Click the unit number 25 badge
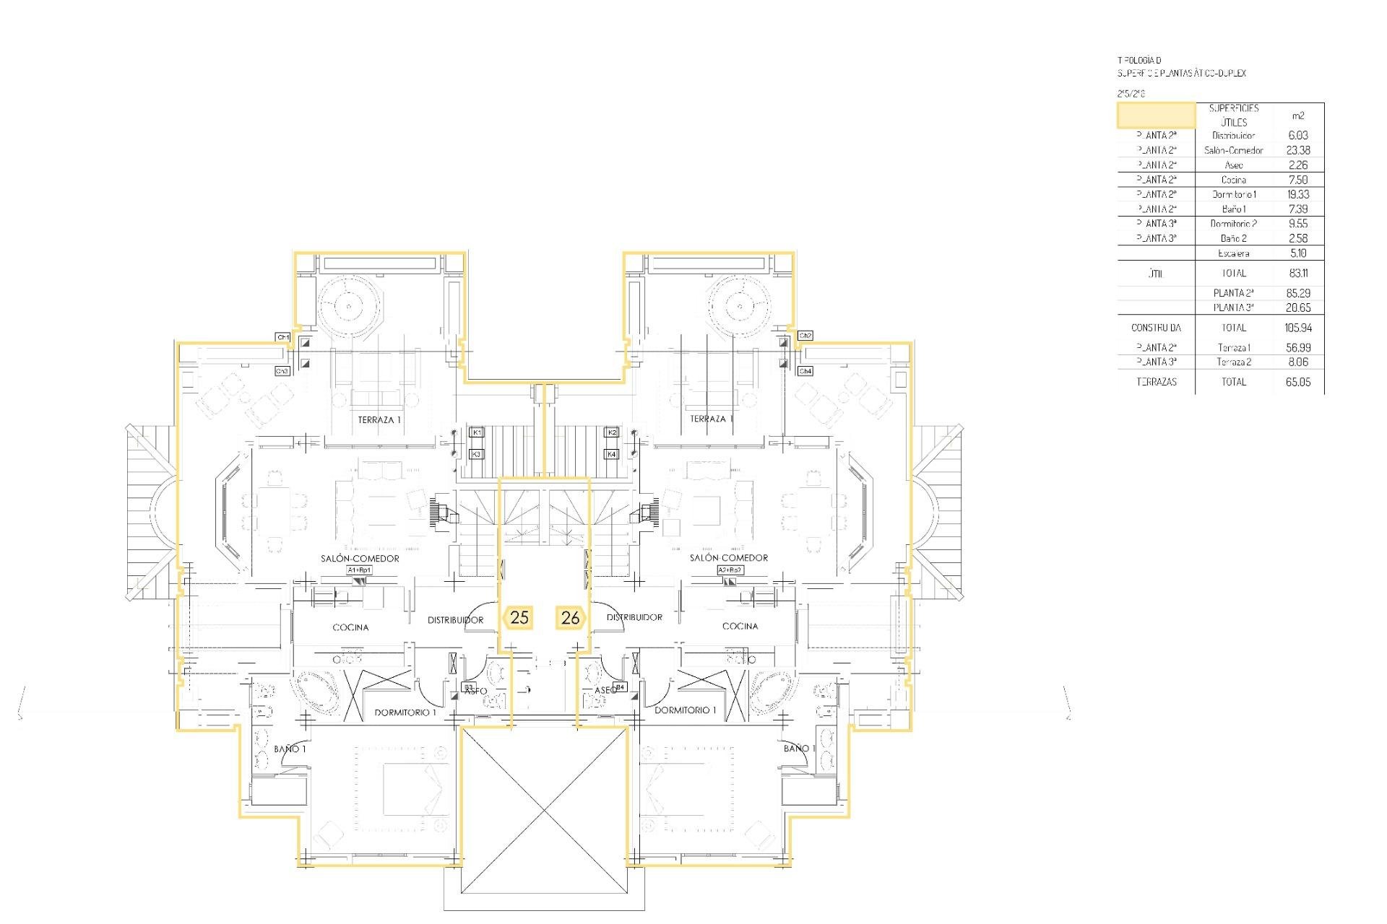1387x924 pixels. (x=519, y=618)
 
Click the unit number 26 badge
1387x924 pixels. (x=570, y=618)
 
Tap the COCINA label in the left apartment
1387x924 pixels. (x=350, y=627)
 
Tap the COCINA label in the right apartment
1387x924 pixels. (x=740, y=626)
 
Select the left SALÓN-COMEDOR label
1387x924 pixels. (x=360, y=558)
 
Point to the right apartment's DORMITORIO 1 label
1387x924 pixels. (x=685, y=710)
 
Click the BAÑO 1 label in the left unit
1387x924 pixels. (x=290, y=749)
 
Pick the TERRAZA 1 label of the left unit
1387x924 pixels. (x=379, y=419)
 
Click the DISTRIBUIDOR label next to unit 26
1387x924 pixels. (x=634, y=617)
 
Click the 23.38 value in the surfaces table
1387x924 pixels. (x=1297, y=150)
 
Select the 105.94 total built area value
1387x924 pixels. (x=1297, y=328)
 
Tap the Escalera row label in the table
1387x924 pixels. (x=1233, y=253)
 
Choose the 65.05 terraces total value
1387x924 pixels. (x=1297, y=382)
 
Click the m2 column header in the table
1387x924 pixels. (x=1297, y=115)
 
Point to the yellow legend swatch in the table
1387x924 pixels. (x=1156, y=115)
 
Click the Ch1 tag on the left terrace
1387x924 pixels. (x=282, y=337)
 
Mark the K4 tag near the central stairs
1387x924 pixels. (x=612, y=454)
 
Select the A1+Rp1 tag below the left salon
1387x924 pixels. (x=360, y=570)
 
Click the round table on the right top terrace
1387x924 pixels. (x=740, y=306)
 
